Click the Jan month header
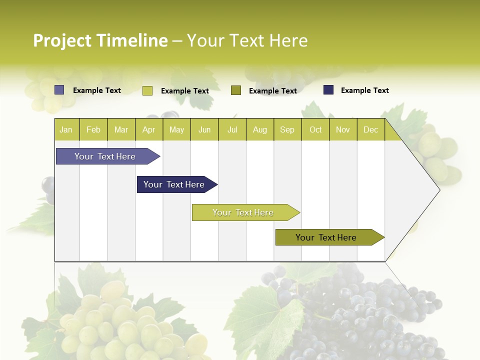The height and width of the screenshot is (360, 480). (x=66, y=129)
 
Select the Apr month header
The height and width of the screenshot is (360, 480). (x=148, y=129)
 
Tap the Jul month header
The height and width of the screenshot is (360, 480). (x=232, y=129)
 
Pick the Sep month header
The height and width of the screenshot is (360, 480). (x=287, y=129)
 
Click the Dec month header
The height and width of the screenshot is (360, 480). (x=370, y=129)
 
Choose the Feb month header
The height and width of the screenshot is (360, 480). (x=93, y=129)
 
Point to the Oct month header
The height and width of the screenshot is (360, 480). (x=315, y=129)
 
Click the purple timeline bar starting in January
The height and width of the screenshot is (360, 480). (x=105, y=156)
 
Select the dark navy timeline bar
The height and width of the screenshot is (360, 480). (x=174, y=184)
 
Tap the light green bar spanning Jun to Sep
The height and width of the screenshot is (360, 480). (x=243, y=212)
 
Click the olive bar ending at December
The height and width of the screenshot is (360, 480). (x=326, y=237)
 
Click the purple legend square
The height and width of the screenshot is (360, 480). (x=59, y=90)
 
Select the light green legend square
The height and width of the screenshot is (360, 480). (x=147, y=90)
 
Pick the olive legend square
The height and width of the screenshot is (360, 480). (x=236, y=90)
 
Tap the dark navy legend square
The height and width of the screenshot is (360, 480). (x=328, y=90)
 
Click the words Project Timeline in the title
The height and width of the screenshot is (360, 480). (x=100, y=40)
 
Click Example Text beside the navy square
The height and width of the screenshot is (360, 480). (x=364, y=90)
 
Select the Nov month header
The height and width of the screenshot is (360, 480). (x=343, y=129)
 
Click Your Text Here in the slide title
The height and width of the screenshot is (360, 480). (x=247, y=40)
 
